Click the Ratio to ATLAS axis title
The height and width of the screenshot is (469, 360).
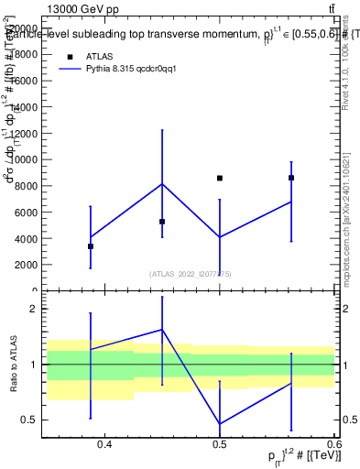coord(15,364)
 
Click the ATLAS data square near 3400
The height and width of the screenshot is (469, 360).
coord(91,246)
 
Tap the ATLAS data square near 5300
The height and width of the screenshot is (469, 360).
coord(162,222)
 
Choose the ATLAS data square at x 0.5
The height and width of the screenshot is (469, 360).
coord(220,178)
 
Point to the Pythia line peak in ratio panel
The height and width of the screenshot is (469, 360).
coord(162,330)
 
